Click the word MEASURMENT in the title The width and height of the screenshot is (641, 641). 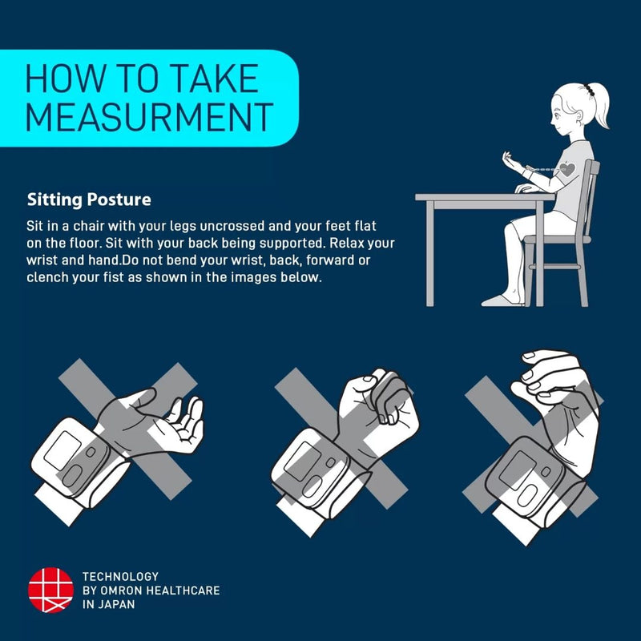(149, 117)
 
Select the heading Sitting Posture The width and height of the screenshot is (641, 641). (89, 200)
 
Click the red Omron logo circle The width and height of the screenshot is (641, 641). (50, 590)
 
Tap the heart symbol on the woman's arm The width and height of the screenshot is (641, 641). (567, 169)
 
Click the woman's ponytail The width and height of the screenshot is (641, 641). (599, 107)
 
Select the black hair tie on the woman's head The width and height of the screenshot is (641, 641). (589, 90)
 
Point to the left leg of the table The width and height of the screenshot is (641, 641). (429, 254)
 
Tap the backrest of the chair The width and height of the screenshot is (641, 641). (591, 197)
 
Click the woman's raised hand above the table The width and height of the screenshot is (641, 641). (511, 161)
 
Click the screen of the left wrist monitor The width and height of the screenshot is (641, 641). (62, 450)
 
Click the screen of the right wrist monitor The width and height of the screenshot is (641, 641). (518, 470)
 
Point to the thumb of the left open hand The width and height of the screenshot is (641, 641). (141, 397)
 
